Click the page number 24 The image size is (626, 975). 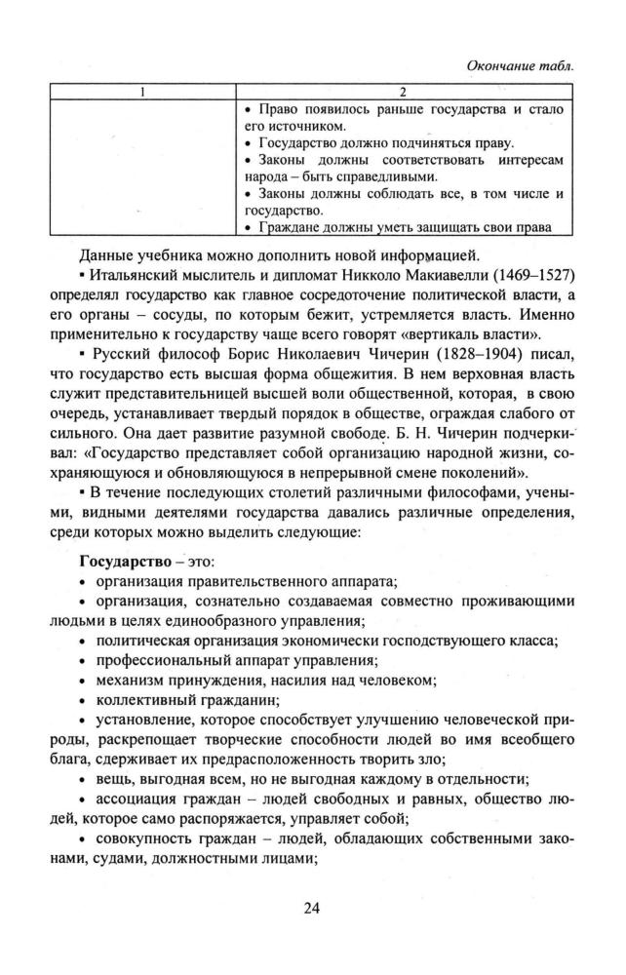click(312, 909)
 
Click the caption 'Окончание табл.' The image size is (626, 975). click(523, 65)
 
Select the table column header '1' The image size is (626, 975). click(142, 92)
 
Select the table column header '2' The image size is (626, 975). click(403, 92)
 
